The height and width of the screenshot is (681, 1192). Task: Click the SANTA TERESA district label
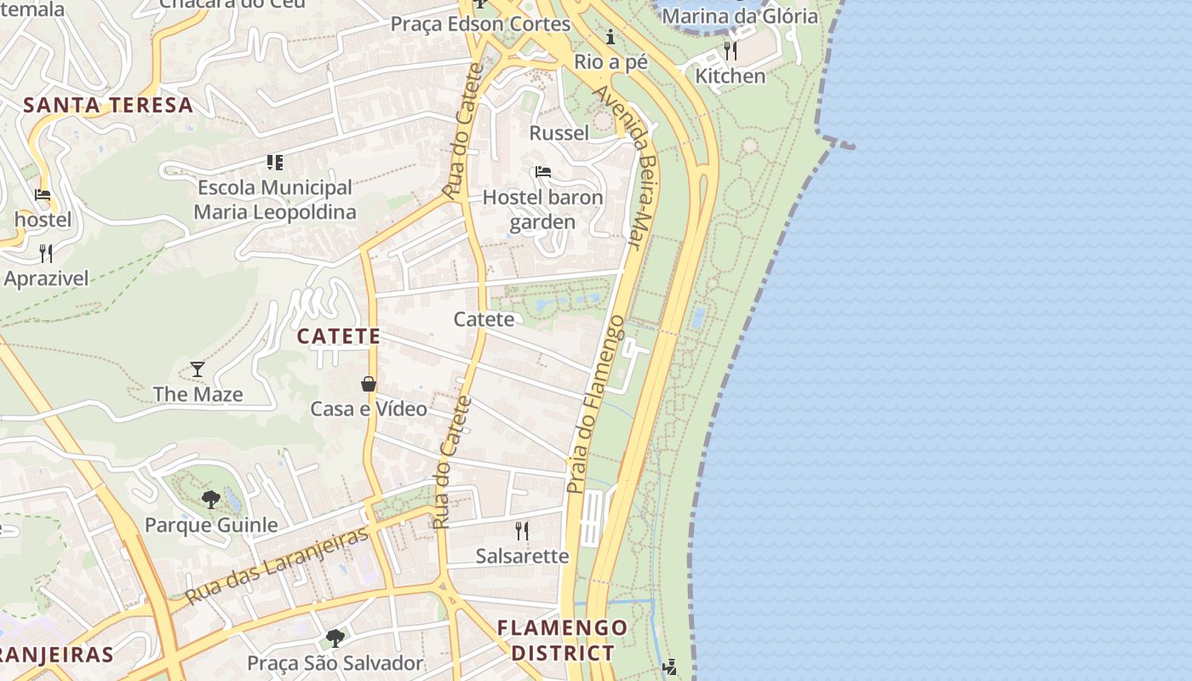point(108,106)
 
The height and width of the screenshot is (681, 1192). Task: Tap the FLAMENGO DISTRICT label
point(562,640)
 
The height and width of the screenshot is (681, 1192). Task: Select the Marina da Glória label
point(739,16)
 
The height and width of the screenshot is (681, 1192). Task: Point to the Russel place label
point(559,133)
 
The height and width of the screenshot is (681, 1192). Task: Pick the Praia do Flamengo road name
point(596,404)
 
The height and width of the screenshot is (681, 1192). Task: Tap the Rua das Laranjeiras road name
point(278,564)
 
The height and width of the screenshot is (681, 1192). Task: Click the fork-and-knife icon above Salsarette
point(522,531)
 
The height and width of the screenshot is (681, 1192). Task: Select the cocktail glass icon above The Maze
point(198,369)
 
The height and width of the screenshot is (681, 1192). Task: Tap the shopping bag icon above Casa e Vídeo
point(369,384)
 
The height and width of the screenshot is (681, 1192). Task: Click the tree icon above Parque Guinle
point(210,500)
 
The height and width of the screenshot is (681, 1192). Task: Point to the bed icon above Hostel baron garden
point(543,172)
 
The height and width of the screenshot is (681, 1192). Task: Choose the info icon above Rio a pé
point(610,37)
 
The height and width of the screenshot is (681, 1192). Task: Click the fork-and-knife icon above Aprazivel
point(45,253)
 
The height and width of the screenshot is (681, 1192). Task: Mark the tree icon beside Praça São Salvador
point(335,638)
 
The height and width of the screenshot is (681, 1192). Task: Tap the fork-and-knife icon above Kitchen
point(731,51)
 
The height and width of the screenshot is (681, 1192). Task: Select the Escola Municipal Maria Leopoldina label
point(274,199)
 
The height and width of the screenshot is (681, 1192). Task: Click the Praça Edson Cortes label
point(480,24)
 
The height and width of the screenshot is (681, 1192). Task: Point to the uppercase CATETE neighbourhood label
point(339,336)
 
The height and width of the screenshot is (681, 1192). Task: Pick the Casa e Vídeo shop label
point(369,409)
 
